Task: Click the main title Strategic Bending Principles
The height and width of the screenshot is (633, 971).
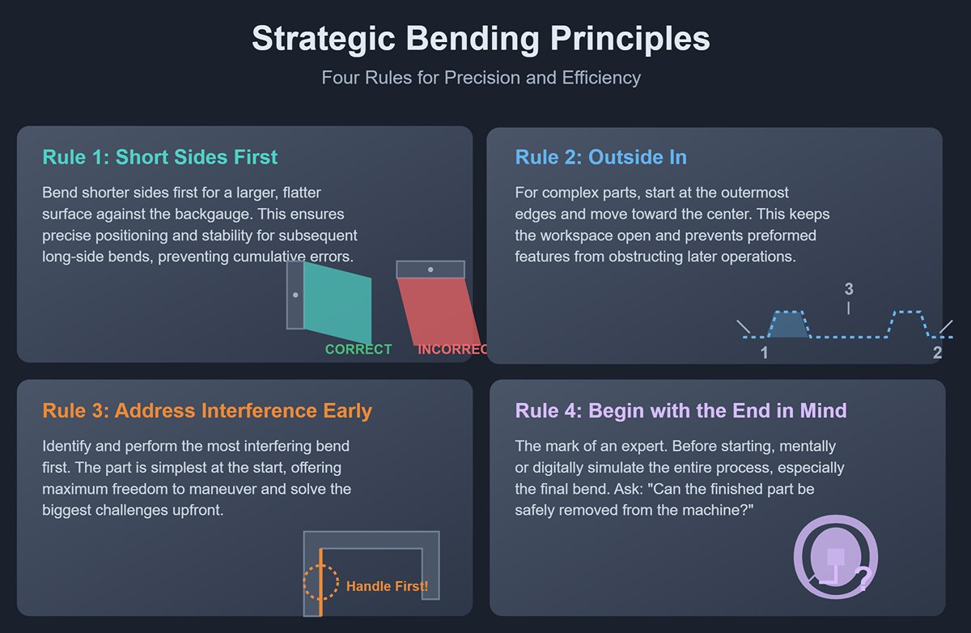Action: tap(481, 39)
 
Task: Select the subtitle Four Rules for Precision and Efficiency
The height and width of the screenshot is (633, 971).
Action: tap(481, 78)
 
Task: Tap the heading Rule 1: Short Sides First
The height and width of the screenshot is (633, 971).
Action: tap(159, 157)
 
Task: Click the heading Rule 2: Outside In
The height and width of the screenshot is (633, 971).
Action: tap(600, 157)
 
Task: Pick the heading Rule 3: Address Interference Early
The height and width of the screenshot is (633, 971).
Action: tap(207, 410)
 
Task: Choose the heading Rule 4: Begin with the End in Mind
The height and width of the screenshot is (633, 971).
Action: tap(681, 410)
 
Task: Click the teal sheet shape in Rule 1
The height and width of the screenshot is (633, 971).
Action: tap(337, 303)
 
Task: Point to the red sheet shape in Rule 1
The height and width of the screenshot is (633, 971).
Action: tap(439, 312)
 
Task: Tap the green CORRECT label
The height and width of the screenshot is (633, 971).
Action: tap(358, 350)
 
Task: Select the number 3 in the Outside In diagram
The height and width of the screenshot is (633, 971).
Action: tap(849, 289)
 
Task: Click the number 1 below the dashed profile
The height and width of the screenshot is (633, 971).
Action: tap(764, 353)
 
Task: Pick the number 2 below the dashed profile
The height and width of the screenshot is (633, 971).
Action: tap(937, 353)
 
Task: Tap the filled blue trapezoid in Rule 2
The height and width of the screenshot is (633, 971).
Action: tap(788, 325)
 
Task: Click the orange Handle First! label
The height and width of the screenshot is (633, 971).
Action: tap(387, 587)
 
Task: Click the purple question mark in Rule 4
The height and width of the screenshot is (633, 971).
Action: tap(863, 579)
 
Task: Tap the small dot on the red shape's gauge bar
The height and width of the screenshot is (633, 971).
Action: tap(430, 270)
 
